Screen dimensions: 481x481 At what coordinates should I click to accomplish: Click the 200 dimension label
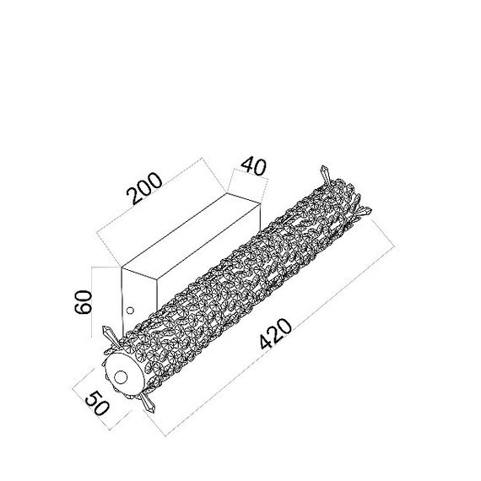click(143, 188)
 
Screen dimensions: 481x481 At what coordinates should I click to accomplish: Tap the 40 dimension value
click(254, 166)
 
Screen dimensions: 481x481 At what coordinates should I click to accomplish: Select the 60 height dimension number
click(84, 302)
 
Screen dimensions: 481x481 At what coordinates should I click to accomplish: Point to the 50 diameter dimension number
click(97, 403)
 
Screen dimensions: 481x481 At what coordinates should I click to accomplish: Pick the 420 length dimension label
click(276, 334)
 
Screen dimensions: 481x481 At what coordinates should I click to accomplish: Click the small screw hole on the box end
click(130, 311)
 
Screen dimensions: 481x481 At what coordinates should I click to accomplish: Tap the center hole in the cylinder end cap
click(121, 377)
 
